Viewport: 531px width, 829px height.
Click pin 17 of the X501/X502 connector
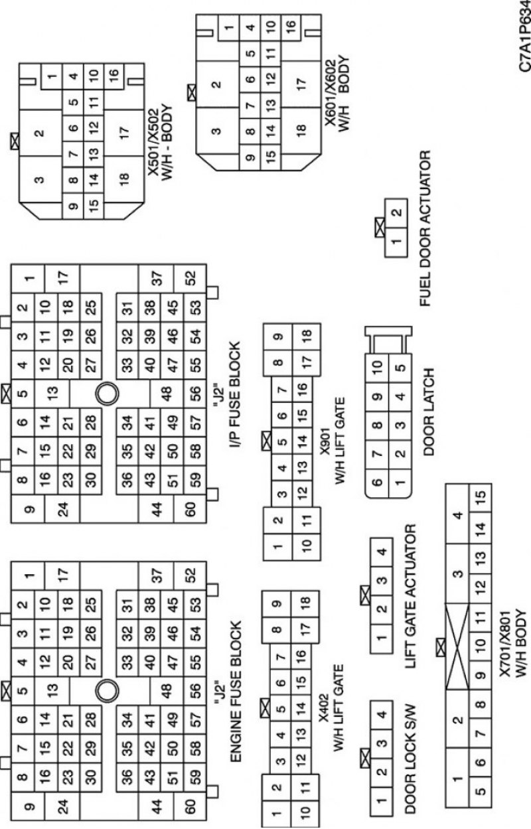click(x=124, y=133)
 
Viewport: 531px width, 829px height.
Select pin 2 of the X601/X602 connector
click(x=217, y=84)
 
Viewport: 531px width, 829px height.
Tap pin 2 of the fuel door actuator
click(x=396, y=213)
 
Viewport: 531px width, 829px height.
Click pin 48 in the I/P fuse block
click(x=167, y=394)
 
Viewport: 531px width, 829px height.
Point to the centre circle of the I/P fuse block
click(x=108, y=394)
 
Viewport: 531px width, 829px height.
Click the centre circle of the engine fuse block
click(x=108, y=690)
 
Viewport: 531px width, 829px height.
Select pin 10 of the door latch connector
click(x=377, y=368)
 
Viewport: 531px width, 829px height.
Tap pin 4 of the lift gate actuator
click(x=382, y=552)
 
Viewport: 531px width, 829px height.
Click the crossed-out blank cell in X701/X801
click(x=457, y=647)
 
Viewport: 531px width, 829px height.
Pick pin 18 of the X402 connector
click(x=305, y=605)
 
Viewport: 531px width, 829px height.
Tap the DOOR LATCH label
click(x=428, y=412)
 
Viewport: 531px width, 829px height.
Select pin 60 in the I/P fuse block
click(x=190, y=509)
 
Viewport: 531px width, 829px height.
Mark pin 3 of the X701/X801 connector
click(x=457, y=574)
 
